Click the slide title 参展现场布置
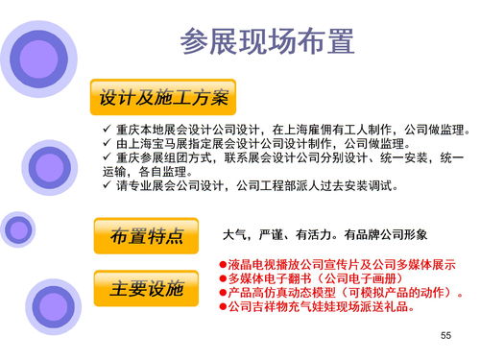pyautogui.click(x=267, y=41)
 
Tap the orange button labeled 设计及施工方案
pyautogui.click(x=163, y=98)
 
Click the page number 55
pyautogui.click(x=444, y=334)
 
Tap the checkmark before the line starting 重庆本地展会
pyautogui.click(x=107, y=130)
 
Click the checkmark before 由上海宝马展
pyautogui.click(x=107, y=143)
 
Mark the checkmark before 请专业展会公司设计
pyautogui.click(x=107, y=184)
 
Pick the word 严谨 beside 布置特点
pyautogui.click(x=272, y=234)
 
